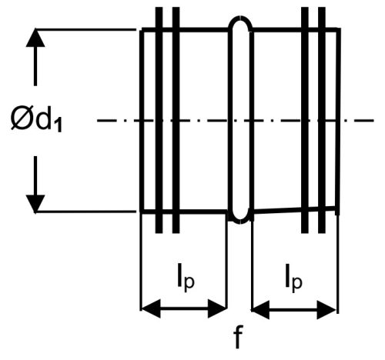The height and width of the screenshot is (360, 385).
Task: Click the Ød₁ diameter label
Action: pyautogui.click(x=36, y=120)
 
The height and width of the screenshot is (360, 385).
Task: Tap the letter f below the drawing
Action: pyautogui.click(x=238, y=338)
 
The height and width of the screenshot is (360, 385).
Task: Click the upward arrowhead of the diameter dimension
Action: pyautogui.click(x=35, y=38)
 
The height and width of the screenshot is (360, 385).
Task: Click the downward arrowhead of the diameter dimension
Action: pyautogui.click(x=35, y=204)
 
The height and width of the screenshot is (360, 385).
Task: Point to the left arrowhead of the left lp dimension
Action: pyautogui.click(x=151, y=308)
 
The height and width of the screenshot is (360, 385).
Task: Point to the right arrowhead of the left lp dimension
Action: pyautogui.click(x=217, y=308)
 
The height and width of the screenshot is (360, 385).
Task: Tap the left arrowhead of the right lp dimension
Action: pyautogui.click(x=260, y=310)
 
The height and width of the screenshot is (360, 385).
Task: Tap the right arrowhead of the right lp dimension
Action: pyautogui.click(x=326, y=310)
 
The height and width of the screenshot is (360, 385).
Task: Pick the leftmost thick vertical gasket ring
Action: pyautogui.click(x=159, y=120)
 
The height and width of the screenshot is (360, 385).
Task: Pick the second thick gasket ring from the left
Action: pyautogui.click(x=176, y=120)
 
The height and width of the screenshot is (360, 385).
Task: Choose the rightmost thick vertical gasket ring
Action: pyautogui.click(x=322, y=120)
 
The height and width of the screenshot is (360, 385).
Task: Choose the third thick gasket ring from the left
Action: pyautogui.click(x=305, y=120)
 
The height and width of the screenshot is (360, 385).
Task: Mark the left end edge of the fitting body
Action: pyautogui.click(x=142, y=121)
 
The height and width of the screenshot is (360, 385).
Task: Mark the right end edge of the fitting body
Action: pyautogui.click(x=338, y=121)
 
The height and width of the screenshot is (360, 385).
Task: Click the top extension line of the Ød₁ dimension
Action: pyautogui.click(x=85, y=30)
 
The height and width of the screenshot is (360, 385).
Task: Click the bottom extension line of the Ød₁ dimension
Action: pyautogui.click(x=85, y=212)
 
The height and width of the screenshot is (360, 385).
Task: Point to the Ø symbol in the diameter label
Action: pyautogui.click(x=22, y=119)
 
